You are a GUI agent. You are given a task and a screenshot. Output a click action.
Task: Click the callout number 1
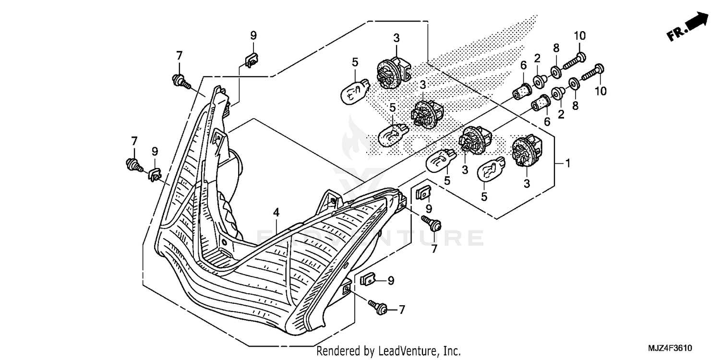click(x=567, y=164)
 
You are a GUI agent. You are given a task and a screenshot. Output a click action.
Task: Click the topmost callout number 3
click(x=396, y=38)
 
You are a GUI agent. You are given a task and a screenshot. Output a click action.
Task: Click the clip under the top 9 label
click(x=251, y=60)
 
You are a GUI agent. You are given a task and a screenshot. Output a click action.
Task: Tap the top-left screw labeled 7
click(x=180, y=81)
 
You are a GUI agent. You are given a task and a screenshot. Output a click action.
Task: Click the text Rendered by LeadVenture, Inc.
click(x=389, y=351)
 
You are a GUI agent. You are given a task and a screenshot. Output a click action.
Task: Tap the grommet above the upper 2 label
click(x=539, y=81)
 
